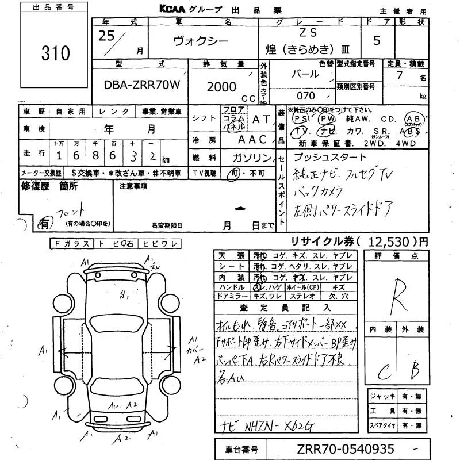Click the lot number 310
(x=56, y=53)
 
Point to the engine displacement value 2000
(x=221, y=86)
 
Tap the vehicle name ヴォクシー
(x=201, y=41)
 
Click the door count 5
(x=377, y=41)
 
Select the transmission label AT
(x=260, y=118)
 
